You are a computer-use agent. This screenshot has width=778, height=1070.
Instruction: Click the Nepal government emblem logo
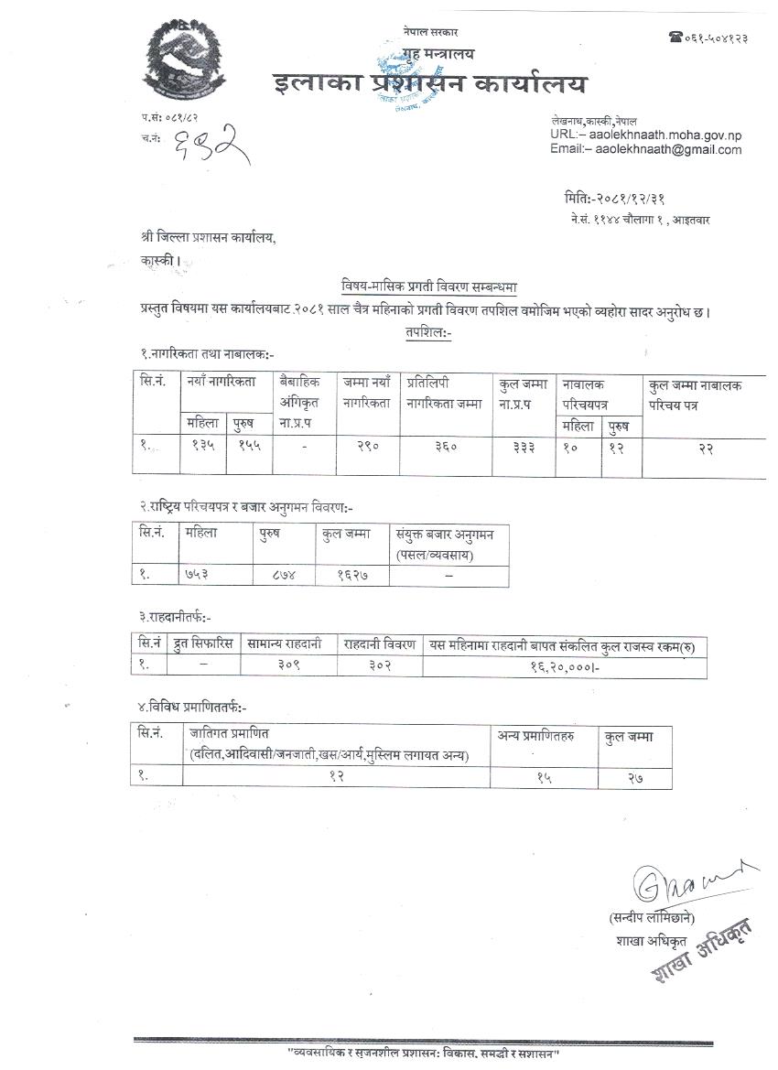184,62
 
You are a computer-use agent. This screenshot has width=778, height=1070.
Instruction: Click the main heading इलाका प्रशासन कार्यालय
430,85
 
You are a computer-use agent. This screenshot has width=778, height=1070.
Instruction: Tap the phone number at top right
708,37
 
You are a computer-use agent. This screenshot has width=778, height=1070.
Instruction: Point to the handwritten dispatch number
211,146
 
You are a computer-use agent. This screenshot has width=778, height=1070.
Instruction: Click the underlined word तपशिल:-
429,333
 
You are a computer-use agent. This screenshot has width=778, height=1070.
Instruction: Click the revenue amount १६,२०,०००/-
564,666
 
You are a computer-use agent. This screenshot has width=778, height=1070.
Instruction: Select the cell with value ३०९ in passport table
289,666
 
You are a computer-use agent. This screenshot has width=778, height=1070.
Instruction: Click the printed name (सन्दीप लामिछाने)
651,917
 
